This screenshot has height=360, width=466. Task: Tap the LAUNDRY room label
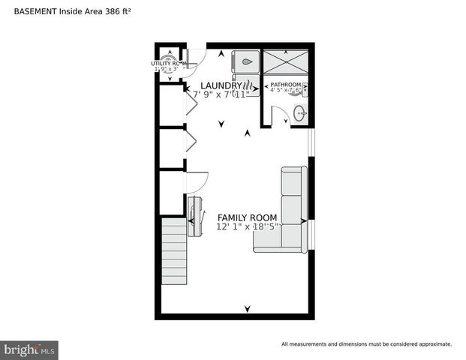[x=221, y=85]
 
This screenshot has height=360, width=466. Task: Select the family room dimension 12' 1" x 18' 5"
[x=248, y=226]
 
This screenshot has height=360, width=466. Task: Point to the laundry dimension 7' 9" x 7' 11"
[x=221, y=95]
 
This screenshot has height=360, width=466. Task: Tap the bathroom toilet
[x=302, y=90]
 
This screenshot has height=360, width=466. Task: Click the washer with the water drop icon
[x=246, y=62]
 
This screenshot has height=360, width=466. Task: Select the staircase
[x=174, y=251]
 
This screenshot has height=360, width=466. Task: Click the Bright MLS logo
[x=29, y=349]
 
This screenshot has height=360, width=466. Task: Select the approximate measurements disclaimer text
[x=366, y=344]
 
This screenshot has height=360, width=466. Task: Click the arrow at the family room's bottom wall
[x=248, y=308]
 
